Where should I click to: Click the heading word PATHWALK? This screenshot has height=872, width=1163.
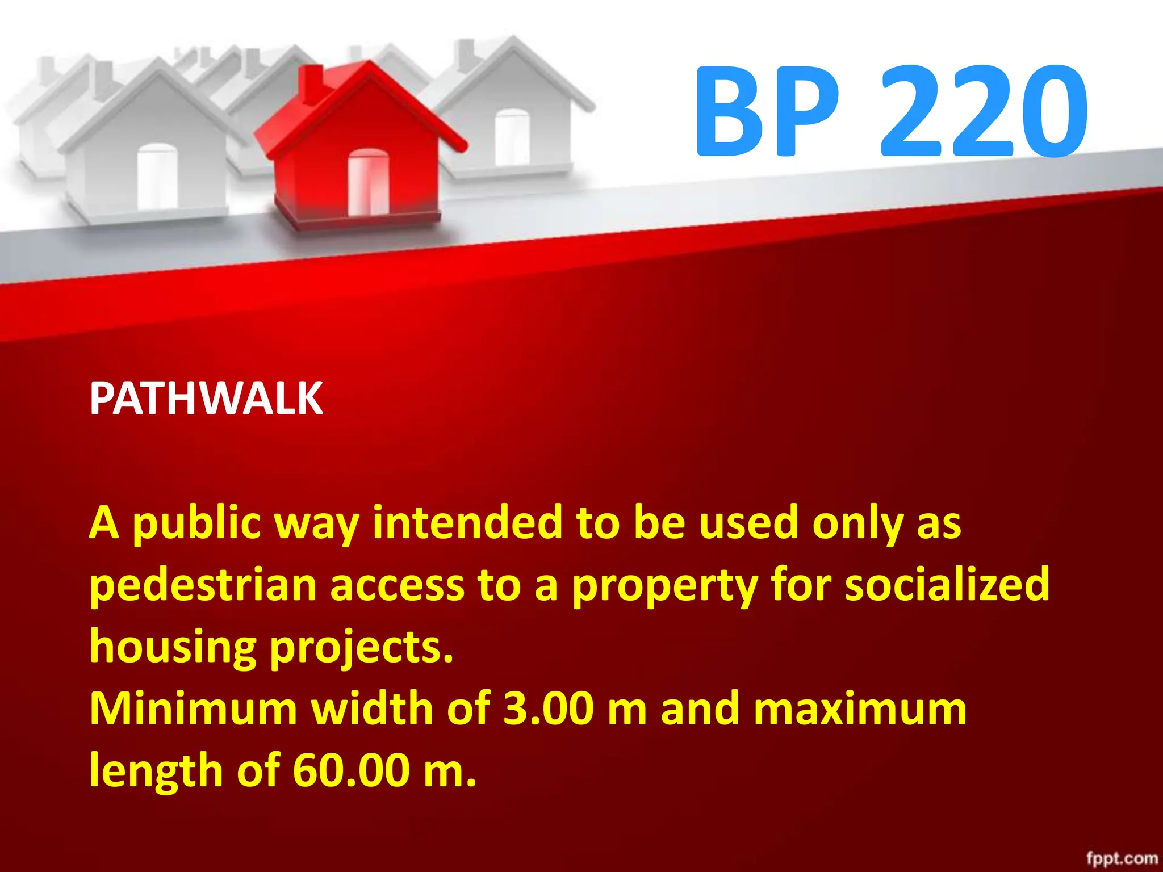[x=206, y=399]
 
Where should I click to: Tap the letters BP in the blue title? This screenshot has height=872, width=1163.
[x=767, y=111]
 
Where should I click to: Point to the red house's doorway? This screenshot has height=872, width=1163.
[x=368, y=182]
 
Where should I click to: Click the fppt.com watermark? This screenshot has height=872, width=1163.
[x=1122, y=858]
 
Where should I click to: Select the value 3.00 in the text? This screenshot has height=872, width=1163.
[x=549, y=709]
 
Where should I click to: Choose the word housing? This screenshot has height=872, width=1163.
[x=173, y=648]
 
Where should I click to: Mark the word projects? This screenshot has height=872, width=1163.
[x=361, y=648]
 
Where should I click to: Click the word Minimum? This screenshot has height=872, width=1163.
[x=193, y=709]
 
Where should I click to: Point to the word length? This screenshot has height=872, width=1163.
[x=156, y=770]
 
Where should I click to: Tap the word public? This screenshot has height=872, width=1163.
[x=196, y=523]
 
